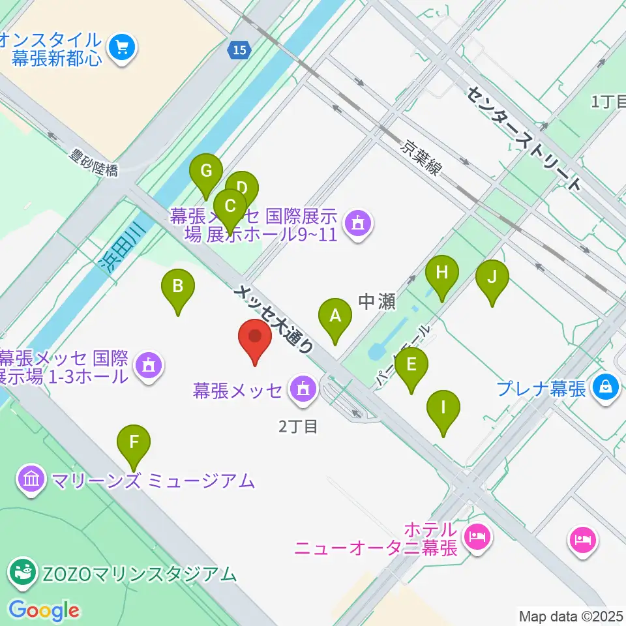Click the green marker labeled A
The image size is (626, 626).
point(335,317)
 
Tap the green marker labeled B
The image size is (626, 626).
point(178,286)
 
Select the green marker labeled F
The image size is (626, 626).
point(134,443)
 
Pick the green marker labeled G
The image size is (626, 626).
point(206,172)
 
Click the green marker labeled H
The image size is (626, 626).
point(442,273)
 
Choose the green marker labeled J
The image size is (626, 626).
point(492,277)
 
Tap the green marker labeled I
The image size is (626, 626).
point(443,409)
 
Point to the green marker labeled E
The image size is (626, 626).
point(410,365)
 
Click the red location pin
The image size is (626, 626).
point(255,338)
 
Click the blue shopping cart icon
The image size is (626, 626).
point(122,47)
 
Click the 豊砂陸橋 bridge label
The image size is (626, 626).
point(95,162)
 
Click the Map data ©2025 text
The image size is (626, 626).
point(571,616)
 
